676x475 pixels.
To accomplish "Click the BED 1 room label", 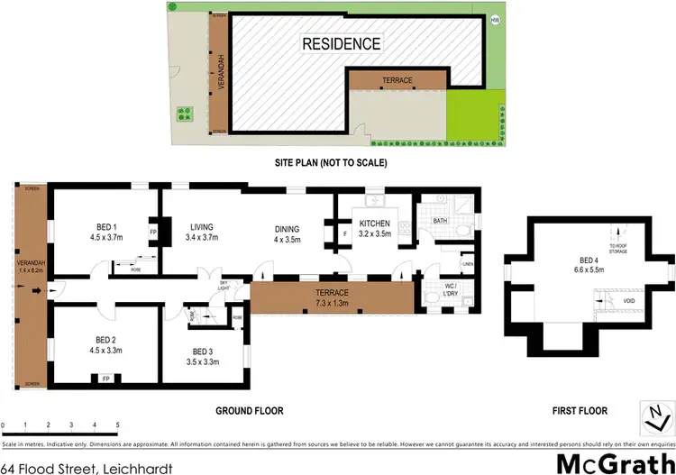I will click(x=105, y=226).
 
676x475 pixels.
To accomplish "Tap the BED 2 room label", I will click(x=105, y=340).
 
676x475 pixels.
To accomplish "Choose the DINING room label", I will click(x=287, y=227).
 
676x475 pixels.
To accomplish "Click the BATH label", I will click(x=440, y=220).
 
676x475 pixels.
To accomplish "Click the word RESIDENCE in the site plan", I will click(x=341, y=43).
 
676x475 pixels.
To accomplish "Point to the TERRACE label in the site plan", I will click(x=397, y=80).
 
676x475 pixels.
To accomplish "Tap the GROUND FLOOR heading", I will click(x=249, y=411).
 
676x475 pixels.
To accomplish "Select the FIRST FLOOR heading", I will click(x=579, y=411).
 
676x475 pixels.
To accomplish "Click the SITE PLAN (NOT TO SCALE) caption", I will click(x=331, y=163).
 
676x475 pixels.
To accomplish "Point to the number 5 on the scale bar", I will click(x=117, y=425).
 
